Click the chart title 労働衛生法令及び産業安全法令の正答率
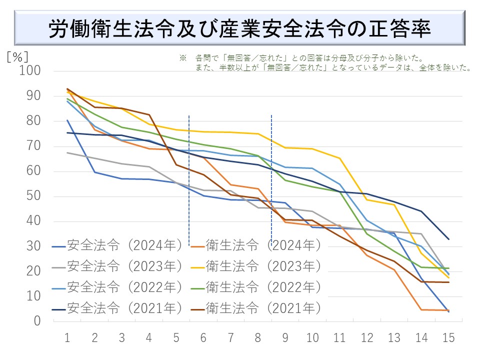point(240,29)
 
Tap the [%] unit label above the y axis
point(17,55)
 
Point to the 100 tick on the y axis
point(30,71)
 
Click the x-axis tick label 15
point(448,338)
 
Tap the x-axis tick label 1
point(67,338)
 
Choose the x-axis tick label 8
point(258,338)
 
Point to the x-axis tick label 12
point(367,338)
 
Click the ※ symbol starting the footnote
point(182,58)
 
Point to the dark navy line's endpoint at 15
point(448,239)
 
